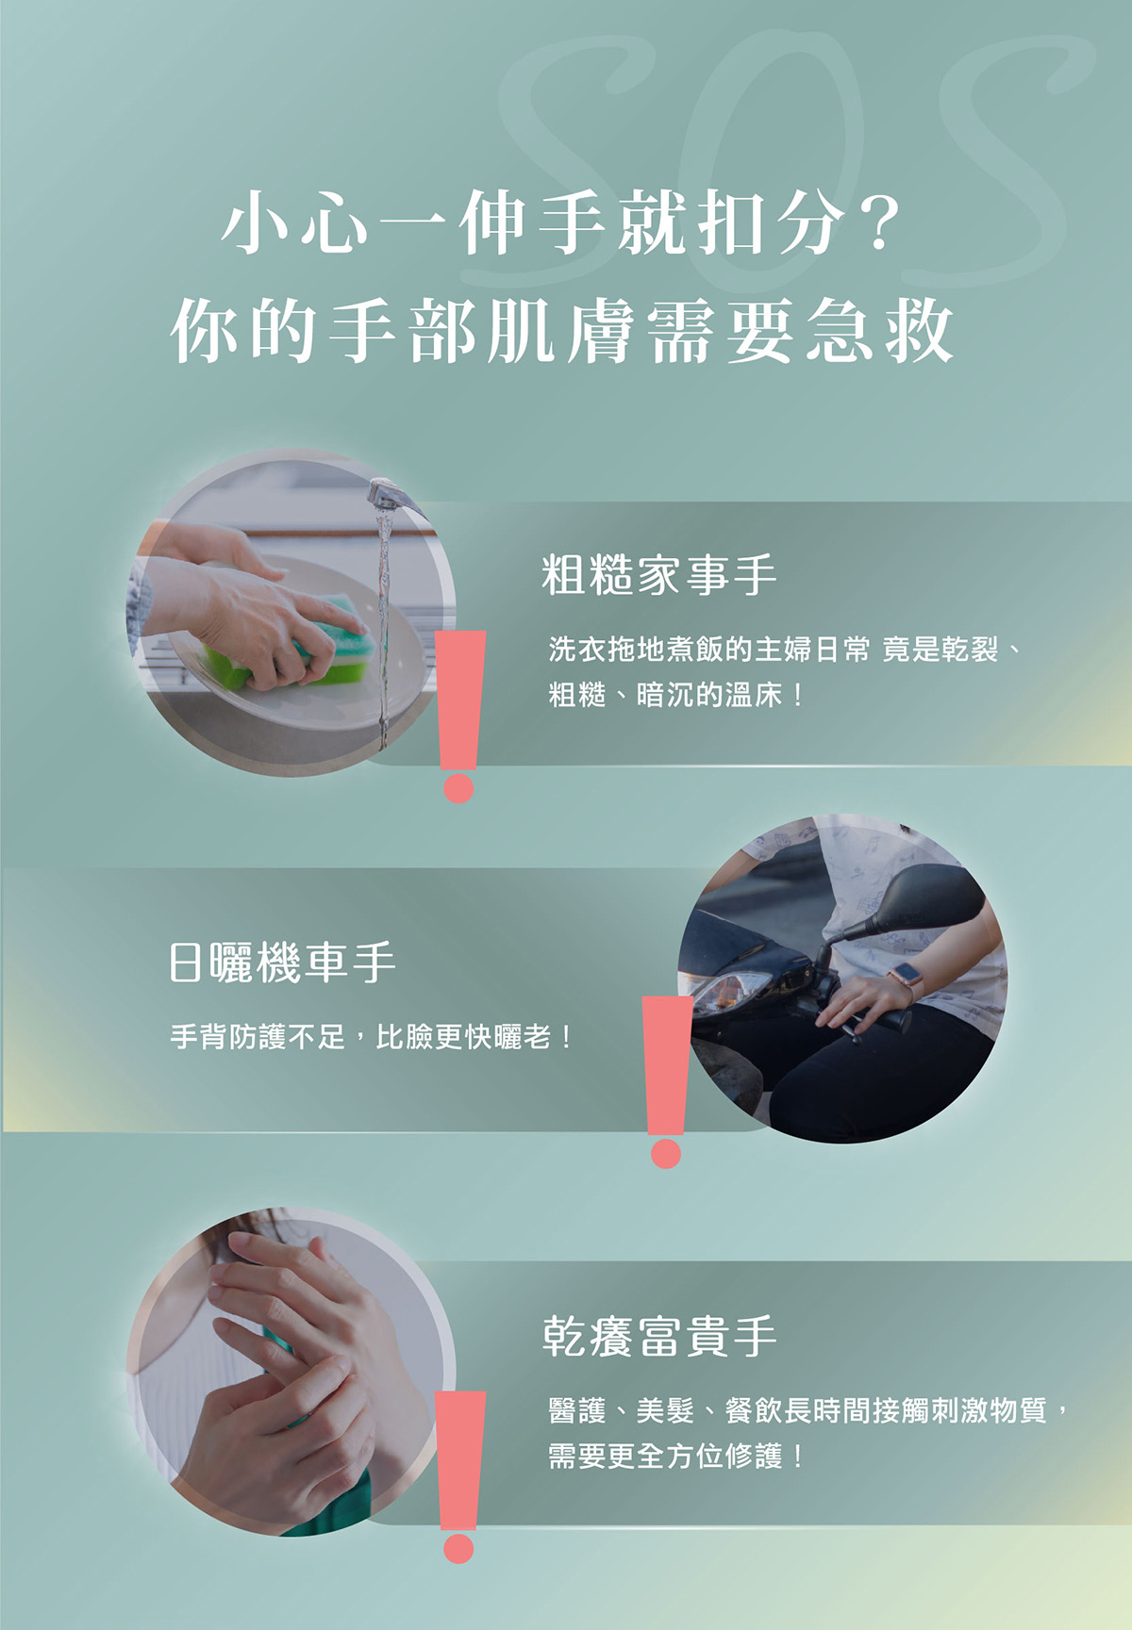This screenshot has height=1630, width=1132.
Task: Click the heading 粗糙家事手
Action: click(x=658, y=575)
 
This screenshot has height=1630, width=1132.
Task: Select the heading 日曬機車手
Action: click(x=282, y=963)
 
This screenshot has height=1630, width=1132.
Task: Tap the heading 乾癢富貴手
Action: click(x=659, y=1336)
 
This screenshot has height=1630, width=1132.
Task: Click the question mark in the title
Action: click(x=880, y=222)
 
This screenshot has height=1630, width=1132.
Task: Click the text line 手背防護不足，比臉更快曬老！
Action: click(x=372, y=1038)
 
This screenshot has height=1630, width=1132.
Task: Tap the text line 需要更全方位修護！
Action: click(x=676, y=1456)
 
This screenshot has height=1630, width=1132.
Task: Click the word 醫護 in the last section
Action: click(x=577, y=1410)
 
